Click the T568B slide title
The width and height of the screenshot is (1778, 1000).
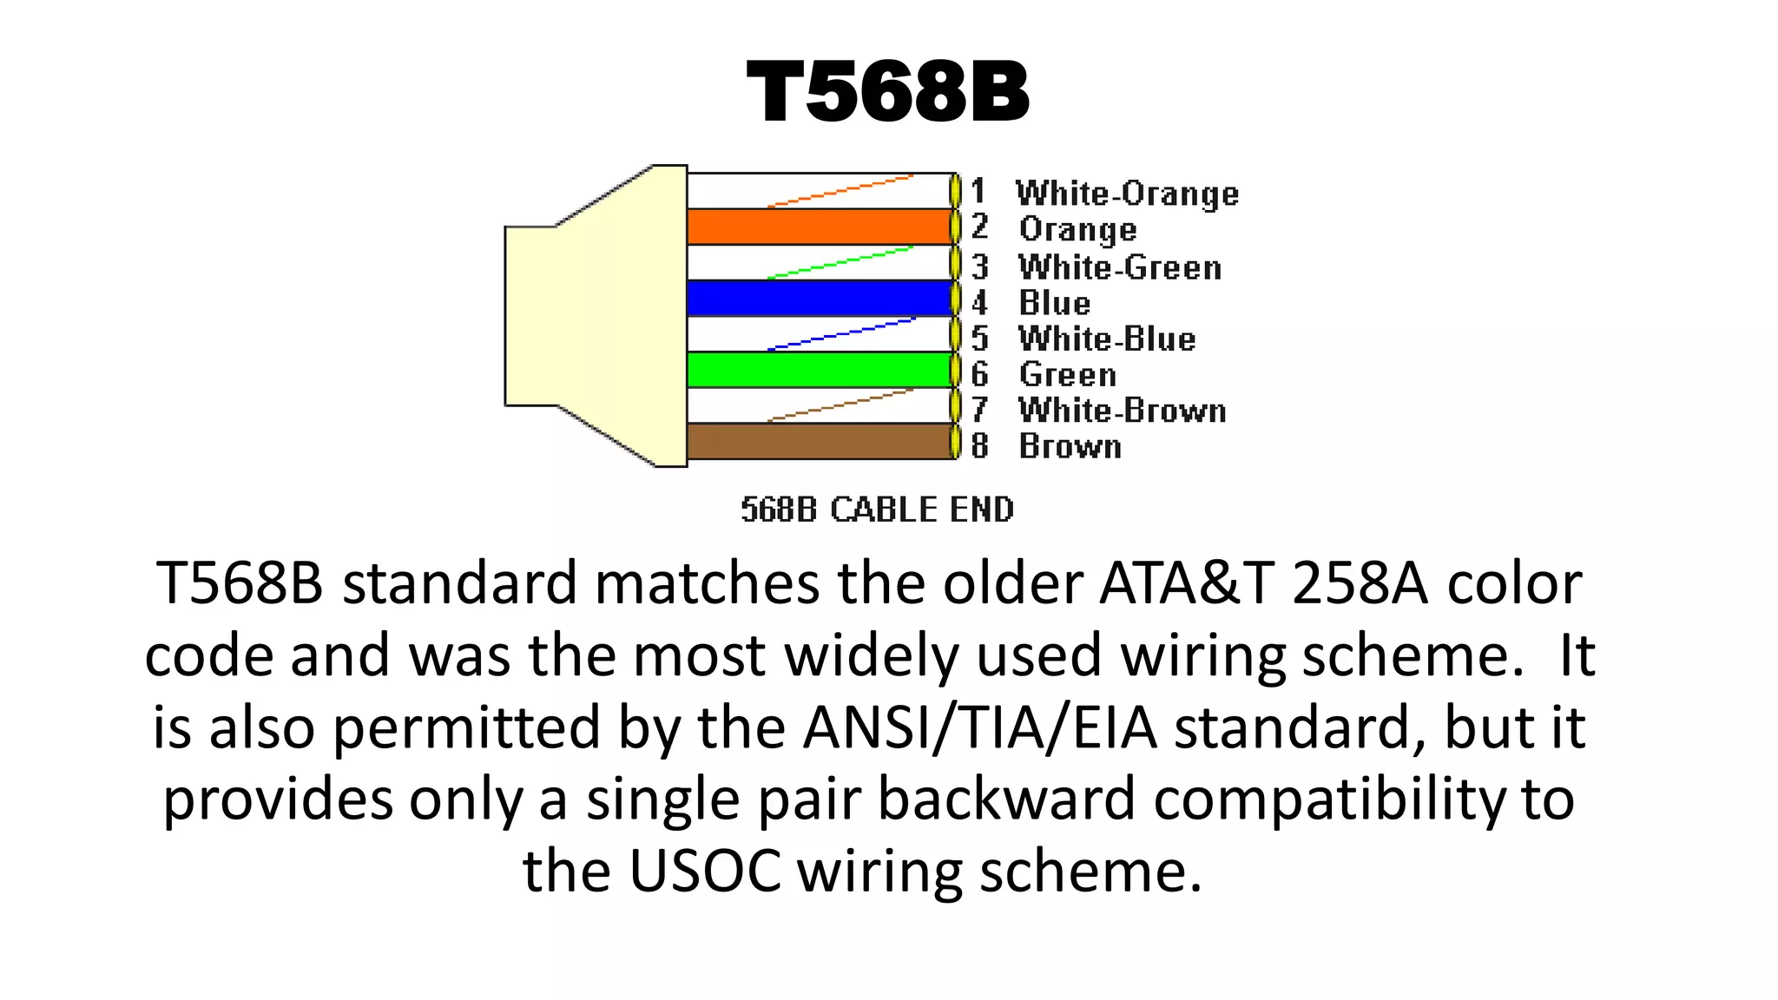tap(887, 92)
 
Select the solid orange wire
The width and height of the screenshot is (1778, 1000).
tap(819, 227)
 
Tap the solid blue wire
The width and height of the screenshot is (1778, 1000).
tap(819, 299)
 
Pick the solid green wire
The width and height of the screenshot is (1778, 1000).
tap(819, 370)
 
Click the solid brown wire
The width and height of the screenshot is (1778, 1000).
tap(819, 441)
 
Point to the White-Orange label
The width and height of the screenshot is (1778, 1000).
tap(1127, 194)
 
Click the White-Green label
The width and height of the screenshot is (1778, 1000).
tap(1120, 267)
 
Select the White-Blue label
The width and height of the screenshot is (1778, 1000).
tap(1107, 339)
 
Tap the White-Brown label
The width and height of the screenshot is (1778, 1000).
tap(1122, 410)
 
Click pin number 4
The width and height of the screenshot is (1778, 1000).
tap(979, 303)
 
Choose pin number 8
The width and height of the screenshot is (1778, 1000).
tap(979, 445)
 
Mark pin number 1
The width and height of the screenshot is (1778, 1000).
tap(978, 191)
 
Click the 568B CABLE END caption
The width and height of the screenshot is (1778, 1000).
tap(877, 510)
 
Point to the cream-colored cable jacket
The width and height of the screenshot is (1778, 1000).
tap(590, 316)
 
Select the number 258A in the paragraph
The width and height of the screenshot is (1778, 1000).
tap(1360, 583)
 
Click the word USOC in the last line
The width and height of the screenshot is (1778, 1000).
tap(704, 871)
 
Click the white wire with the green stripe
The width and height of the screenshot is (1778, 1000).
tap(819, 262)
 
